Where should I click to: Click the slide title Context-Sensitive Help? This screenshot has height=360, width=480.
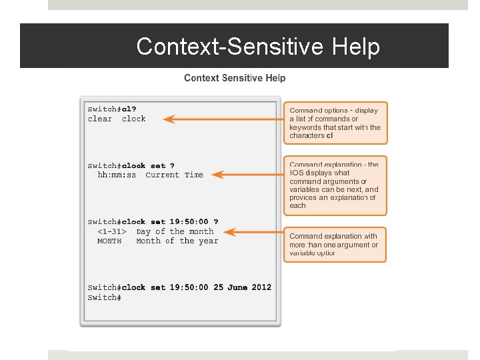pos(258,47)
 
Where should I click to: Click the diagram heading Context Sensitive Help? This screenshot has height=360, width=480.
pos(235,78)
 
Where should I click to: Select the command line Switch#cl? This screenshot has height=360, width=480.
pos(112,109)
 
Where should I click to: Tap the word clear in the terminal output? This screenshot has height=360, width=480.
pos(100,119)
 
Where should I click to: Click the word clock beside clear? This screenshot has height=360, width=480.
pos(133,119)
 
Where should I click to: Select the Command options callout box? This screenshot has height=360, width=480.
pos(335,123)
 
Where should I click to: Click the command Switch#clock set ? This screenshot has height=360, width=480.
pos(131,165)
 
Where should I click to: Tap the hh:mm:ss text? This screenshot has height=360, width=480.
pos(117,175)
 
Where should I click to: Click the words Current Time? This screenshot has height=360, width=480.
pos(174,175)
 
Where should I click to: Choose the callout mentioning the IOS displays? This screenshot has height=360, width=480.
pos(335,185)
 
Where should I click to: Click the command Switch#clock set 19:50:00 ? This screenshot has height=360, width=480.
pos(153,222)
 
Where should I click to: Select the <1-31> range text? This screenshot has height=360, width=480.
pos(111,232)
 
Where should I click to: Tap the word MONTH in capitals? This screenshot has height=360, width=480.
pos(109,241)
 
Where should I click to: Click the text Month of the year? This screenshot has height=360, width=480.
pos(177,241)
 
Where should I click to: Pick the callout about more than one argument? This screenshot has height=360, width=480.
pos(335,245)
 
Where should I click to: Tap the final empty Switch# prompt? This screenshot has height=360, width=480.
pos(104,297)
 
